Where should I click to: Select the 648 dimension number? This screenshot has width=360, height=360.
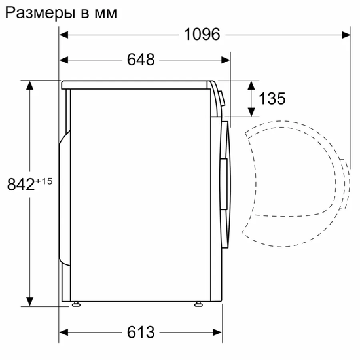(141, 60)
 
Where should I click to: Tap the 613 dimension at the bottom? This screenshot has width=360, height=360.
(141, 332)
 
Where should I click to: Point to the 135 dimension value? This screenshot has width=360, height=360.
(272, 99)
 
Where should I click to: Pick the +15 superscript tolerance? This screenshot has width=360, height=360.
(43, 181)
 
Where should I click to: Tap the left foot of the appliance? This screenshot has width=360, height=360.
(78, 303)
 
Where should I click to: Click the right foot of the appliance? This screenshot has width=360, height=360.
(197, 303)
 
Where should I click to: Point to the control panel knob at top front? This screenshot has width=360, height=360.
(222, 99)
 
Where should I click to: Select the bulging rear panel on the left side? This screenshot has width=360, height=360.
(64, 196)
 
